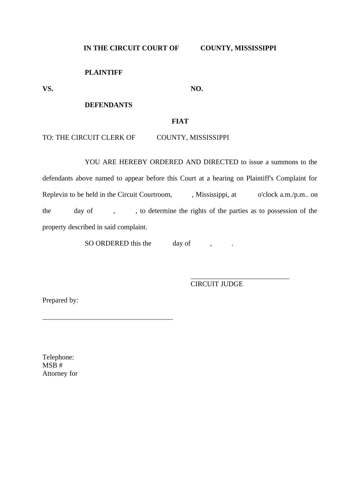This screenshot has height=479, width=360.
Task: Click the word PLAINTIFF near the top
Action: tap(103, 73)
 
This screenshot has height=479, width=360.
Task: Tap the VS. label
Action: tap(48, 89)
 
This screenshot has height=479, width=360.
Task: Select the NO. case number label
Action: tap(197, 89)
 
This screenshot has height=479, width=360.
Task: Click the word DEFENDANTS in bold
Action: tap(108, 105)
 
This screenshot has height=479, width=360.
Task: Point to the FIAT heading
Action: tap(180, 121)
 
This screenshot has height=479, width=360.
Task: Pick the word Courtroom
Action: tap(156, 195)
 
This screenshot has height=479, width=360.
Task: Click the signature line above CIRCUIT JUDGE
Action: tap(240, 278)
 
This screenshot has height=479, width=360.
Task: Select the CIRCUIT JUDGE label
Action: tap(216, 284)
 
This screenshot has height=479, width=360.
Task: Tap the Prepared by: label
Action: tap(60, 300)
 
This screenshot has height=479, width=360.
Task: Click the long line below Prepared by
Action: tap(108, 319)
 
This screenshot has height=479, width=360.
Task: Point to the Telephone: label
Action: tap(58, 357)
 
